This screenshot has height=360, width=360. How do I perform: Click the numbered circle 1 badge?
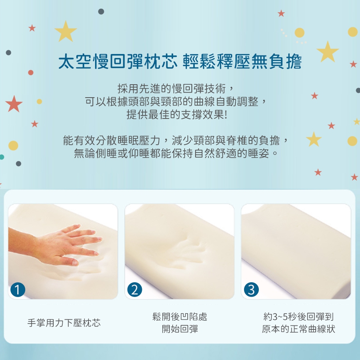18,289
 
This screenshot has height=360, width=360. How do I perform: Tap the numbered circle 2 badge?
135,289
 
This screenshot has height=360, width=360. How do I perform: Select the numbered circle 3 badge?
251,289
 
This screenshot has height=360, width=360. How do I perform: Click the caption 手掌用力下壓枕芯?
64,323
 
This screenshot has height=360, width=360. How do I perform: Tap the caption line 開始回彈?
180,329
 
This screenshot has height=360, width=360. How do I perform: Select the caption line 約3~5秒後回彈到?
298,316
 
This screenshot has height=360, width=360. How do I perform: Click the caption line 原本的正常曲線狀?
298,329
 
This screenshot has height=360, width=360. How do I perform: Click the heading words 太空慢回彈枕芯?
118,62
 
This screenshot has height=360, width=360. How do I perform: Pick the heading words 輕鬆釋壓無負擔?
242,62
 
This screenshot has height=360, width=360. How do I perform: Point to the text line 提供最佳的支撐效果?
177,114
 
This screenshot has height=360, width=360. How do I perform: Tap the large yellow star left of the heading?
66,31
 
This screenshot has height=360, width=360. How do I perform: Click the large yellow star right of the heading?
328,51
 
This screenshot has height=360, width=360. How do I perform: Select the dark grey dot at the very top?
101,12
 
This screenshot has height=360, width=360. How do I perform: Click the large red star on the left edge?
14,104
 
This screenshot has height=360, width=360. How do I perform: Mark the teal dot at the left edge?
1,157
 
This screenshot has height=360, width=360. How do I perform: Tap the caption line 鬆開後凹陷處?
180,316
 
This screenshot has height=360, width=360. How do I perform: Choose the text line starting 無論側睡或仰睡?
176,153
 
